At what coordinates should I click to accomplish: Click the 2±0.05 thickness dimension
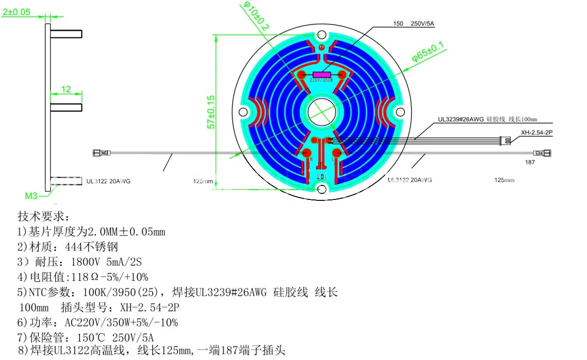16,12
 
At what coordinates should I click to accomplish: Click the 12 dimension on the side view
66,88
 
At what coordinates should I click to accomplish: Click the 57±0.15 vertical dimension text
211,112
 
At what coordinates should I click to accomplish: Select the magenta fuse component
322,74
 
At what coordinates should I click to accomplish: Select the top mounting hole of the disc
322,35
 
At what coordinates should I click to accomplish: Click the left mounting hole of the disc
243,112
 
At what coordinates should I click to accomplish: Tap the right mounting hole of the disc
401,111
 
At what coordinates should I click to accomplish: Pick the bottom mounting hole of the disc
322,189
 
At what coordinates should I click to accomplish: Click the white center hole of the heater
322,111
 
